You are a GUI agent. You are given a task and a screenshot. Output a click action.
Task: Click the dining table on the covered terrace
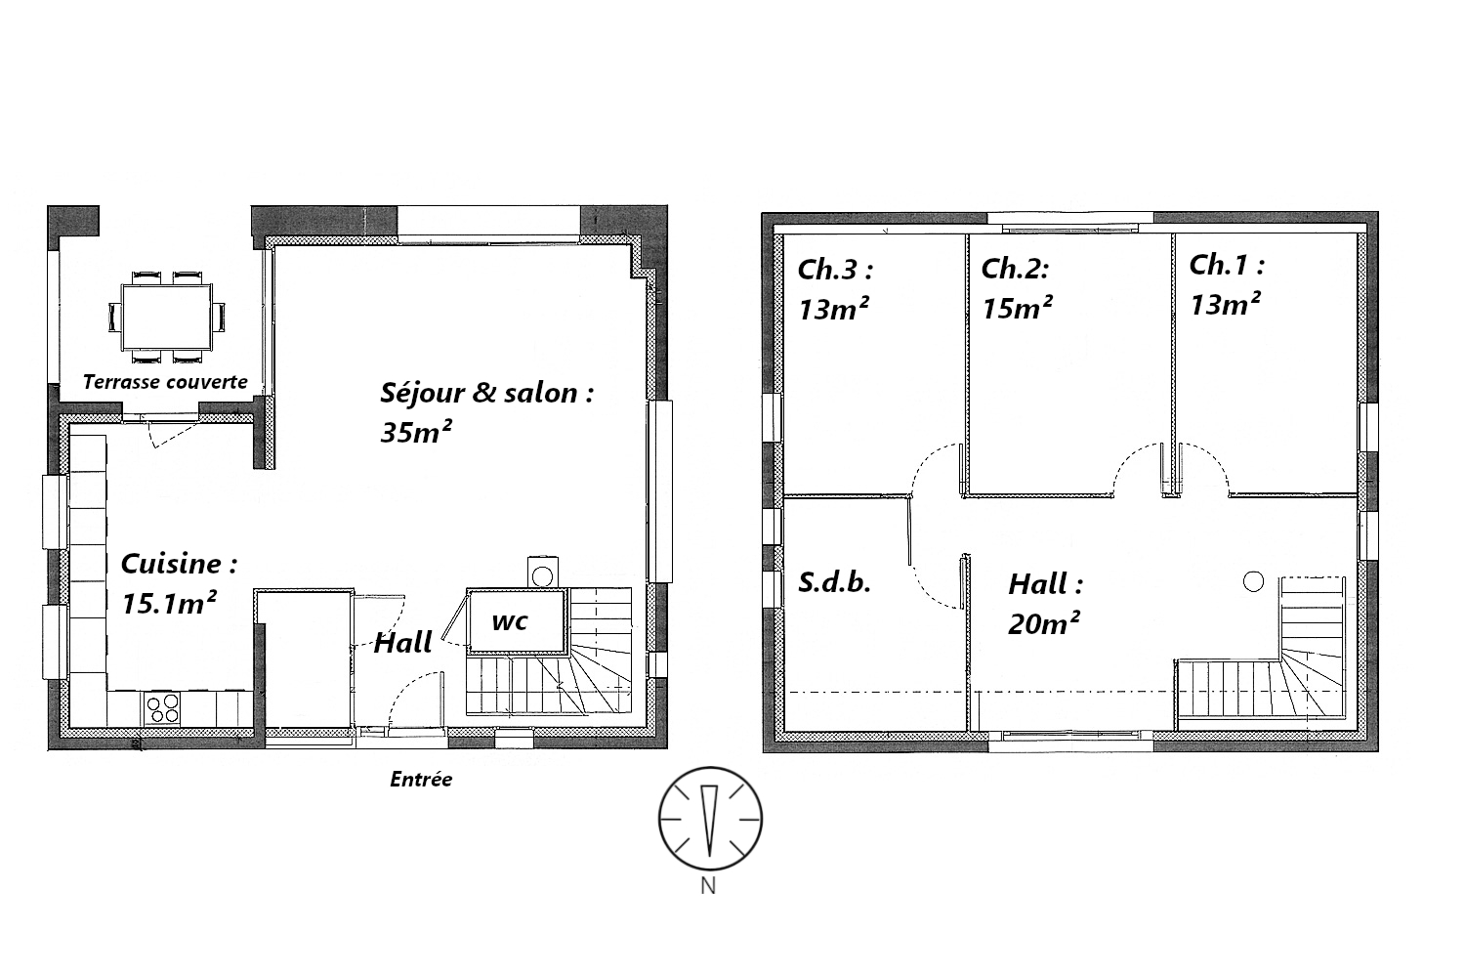(166, 318)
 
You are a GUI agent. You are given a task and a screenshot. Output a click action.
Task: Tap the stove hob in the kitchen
(162, 708)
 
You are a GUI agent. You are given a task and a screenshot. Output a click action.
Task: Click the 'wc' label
(510, 621)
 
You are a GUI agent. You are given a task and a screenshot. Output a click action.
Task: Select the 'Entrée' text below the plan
(421, 779)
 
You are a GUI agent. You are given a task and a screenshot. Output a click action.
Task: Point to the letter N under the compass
(708, 885)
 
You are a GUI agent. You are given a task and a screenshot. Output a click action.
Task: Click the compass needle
(709, 820)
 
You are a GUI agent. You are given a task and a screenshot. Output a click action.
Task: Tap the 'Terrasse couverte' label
(165, 381)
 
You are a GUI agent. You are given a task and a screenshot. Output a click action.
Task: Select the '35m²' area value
(416, 432)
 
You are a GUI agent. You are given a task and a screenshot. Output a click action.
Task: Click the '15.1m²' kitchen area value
(169, 603)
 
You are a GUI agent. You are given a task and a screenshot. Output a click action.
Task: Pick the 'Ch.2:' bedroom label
(1015, 269)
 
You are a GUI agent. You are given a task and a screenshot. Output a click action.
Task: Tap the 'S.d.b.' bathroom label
(834, 581)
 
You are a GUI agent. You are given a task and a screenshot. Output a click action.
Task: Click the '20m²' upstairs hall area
(1044, 623)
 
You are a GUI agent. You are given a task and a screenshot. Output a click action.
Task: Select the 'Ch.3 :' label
(835, 269)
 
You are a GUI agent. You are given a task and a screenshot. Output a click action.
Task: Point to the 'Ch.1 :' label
(1227, 265)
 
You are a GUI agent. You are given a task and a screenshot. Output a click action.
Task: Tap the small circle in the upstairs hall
(1253, 581)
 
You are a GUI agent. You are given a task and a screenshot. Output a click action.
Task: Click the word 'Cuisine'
(171, 564)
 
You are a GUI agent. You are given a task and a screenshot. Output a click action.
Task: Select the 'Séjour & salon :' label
(486, 393)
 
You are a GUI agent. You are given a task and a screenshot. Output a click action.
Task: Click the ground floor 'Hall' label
(402, 643)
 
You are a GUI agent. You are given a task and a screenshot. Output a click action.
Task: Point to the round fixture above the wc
(542, 575)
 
